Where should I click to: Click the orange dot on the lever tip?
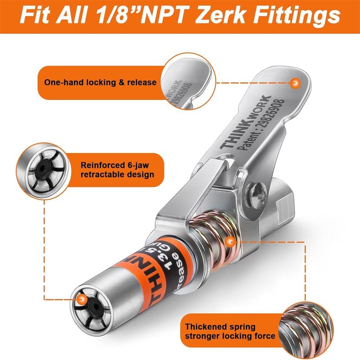tap(295, 83)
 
